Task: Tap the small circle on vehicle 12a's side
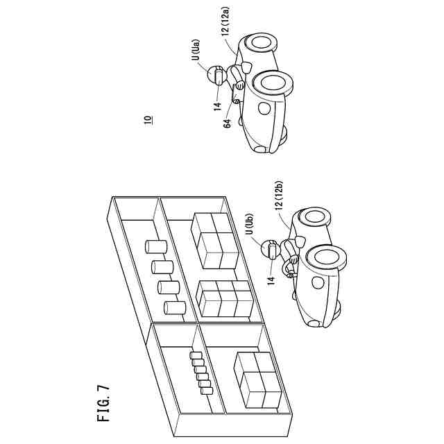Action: (x=264, y=108)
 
